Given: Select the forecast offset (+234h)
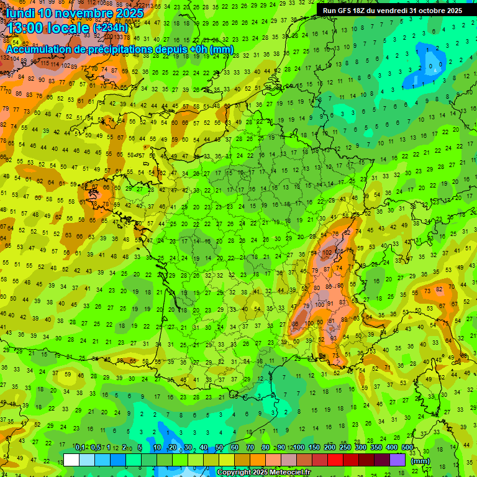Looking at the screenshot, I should click(110, 28).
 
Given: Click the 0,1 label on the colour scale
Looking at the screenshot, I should click(79, 448).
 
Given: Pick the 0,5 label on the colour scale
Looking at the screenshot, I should click(94, 448).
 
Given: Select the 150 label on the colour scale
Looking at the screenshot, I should click(314, 448).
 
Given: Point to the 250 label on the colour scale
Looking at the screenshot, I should click(345, 448).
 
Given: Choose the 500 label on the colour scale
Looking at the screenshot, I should click(407, 448).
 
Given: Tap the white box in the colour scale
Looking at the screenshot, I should click(71, 460).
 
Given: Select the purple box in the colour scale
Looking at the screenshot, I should click(397, 460).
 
